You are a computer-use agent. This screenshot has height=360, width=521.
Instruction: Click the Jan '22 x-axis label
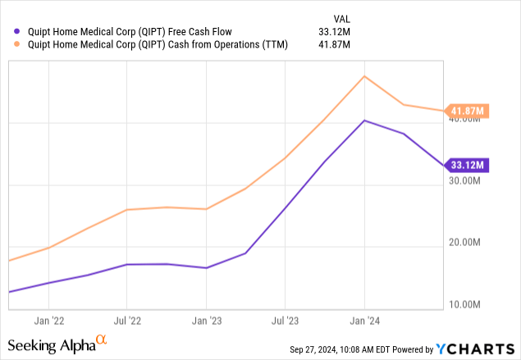[x=51, y=321]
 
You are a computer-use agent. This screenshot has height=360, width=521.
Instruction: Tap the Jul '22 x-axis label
[x=127, y=321]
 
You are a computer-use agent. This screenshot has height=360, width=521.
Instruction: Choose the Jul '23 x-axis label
[x=284, y=321]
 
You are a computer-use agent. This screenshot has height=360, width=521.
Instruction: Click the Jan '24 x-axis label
[x=363, y=321]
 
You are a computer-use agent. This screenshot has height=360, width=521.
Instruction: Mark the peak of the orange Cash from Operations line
[x=363, y=76]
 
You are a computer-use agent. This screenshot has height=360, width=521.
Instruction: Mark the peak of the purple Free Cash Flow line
[x=363, y=121]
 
